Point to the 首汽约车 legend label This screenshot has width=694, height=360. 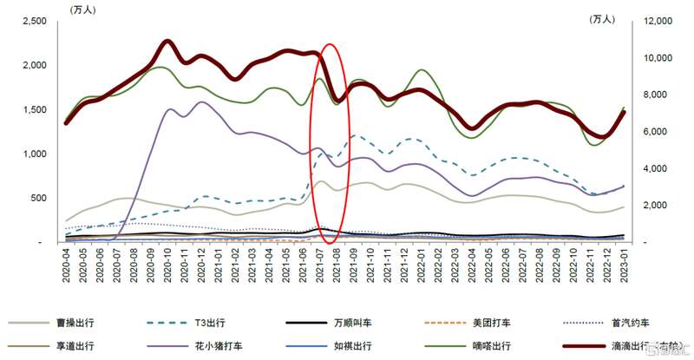click(x=632, y=323)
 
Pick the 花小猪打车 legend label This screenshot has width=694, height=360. click(x=213, y=346)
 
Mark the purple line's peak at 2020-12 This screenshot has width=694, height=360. click(x=203, y=102)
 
